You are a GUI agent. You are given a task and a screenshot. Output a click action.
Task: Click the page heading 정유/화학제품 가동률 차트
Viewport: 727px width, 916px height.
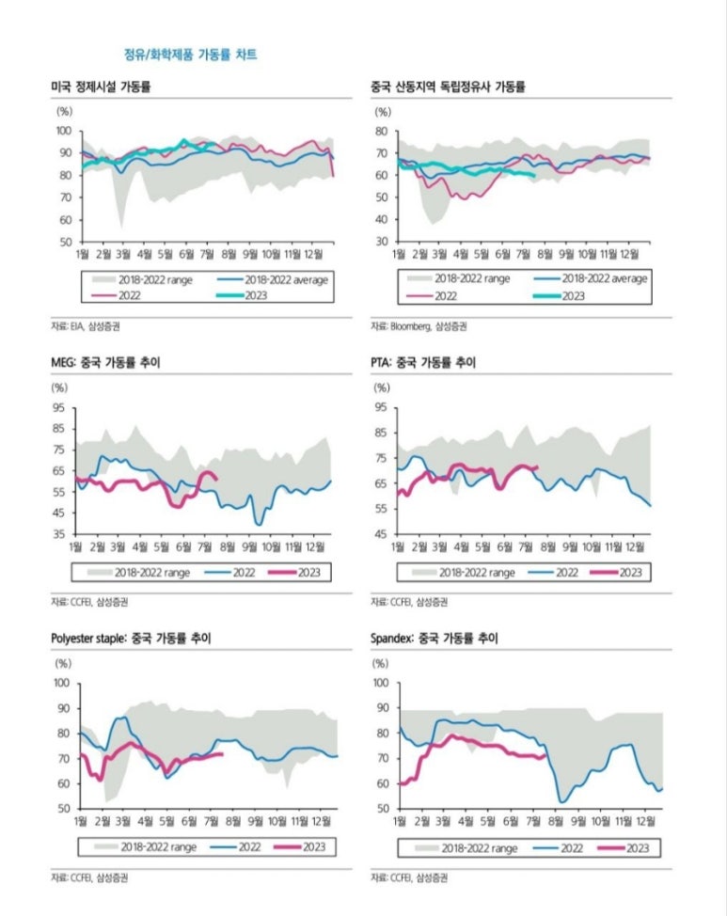pos(191,55)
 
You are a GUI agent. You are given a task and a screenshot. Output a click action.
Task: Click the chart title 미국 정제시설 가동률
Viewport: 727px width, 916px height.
pos(102,87)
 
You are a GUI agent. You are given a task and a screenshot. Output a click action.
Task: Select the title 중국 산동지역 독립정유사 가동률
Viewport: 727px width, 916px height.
pos(448,87)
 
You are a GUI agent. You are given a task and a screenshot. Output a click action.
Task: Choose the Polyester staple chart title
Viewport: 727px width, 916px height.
pos(131,639)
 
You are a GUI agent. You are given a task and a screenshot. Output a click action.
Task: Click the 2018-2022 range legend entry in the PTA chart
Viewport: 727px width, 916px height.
pos(478,572)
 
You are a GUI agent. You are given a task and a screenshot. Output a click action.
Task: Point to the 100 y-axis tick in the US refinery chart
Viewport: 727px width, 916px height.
pos(63,131)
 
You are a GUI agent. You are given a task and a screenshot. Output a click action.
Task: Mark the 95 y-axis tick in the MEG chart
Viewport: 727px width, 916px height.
pos(58,407)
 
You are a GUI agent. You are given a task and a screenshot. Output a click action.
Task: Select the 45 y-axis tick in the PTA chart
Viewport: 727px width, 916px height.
pos(380,534)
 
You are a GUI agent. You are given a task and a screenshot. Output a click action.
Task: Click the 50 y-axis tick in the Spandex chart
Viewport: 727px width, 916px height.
pos(382,808)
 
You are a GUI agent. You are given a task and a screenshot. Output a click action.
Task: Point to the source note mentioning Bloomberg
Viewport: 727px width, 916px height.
pos(418,326)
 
